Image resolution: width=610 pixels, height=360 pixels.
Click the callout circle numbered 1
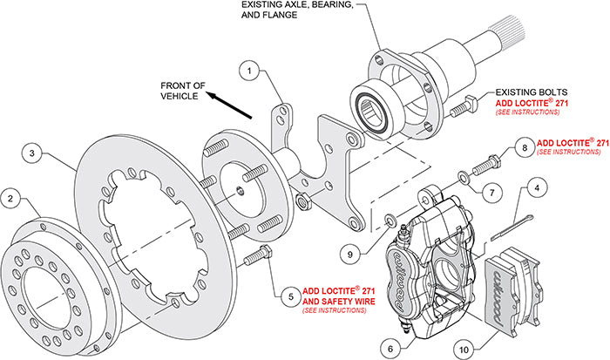click(x=249, y=69)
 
